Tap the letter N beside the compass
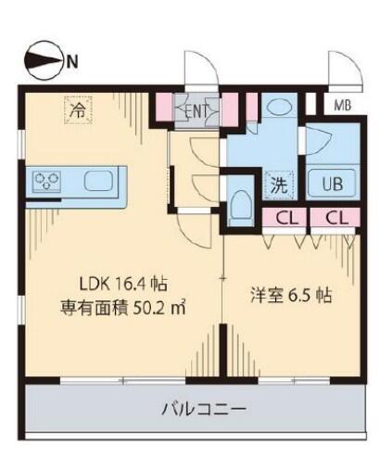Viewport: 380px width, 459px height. coord(72,62)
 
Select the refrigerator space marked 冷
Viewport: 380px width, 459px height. coord(78,110)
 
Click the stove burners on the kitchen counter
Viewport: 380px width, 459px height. coord(46,182)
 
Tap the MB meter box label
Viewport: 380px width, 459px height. coord(343,106)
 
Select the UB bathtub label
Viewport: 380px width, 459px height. coord(333,185)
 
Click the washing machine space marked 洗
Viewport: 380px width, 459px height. coord(279,185)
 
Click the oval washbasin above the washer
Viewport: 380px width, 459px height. coord(279,108)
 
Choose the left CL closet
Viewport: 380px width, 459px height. coord(286,218)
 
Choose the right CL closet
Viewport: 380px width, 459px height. coord(336,218)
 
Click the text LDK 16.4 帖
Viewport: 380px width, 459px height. coord(123,284)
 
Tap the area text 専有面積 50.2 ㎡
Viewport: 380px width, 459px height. coord(122,307)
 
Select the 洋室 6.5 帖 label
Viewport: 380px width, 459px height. coord(291,296)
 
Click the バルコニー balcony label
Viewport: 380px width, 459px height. coord(204,410)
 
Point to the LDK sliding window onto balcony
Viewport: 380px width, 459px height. coord(123,380)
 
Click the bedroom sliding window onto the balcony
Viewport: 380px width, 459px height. coord(294,380)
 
